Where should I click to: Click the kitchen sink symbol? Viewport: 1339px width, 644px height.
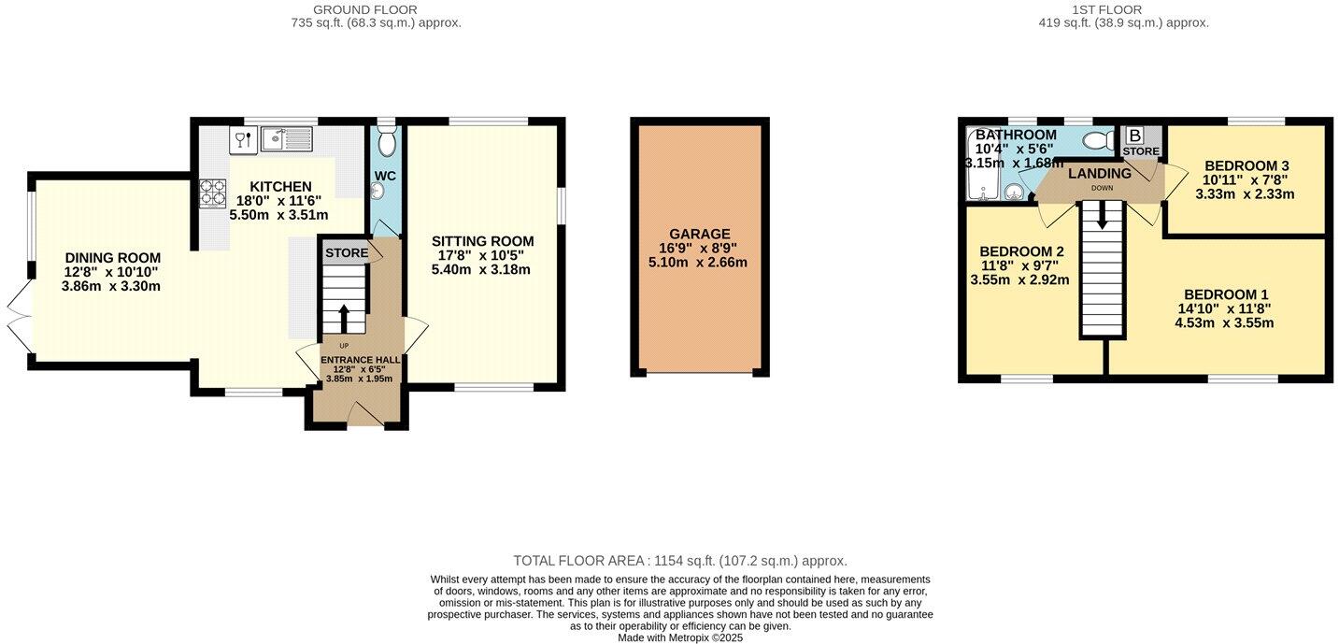(x=287, y=139)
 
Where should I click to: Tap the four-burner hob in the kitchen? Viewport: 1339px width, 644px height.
(x=212, y=193)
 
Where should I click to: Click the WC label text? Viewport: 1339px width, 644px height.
(x=386, y=176)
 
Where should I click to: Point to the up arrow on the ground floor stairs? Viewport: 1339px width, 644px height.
(x=343, y=317)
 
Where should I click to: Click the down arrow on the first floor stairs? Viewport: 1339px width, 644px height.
(x=1102, y=215)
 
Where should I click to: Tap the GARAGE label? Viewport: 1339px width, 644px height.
(x=699, y=234)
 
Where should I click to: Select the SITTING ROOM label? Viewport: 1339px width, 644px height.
(x=482, y=241)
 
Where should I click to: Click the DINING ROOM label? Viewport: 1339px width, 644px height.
(x=112, y=258)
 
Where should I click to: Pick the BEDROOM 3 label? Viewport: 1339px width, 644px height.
(x=1247, y=165)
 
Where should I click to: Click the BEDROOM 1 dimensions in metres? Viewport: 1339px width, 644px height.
(x=1224, y=323)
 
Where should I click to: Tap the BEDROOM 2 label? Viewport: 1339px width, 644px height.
(x=1021, y=251)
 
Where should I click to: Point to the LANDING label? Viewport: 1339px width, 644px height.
(x=1100, y=174)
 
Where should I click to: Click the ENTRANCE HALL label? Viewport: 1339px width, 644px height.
(x=361, y=359)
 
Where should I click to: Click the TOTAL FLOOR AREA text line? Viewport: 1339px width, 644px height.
(x=679, y=561)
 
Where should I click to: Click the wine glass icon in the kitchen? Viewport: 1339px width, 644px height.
(x=241, y=139)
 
